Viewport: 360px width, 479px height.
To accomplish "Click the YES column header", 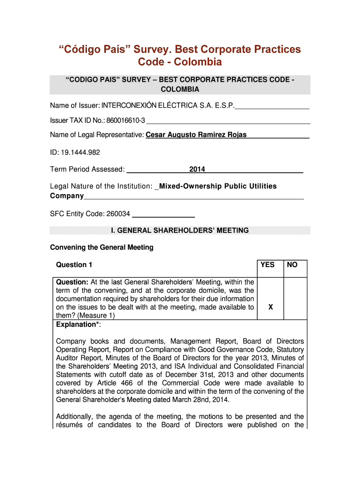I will click(267, 265).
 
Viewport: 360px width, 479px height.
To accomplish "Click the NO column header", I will click(292, 265).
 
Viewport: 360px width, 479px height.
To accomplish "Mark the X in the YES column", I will click(271, 307).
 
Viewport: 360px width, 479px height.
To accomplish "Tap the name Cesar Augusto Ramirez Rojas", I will click(196, 135).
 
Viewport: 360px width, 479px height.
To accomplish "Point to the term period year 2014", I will click(197, 169).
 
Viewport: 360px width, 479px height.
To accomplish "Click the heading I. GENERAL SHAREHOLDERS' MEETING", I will click(180, 230).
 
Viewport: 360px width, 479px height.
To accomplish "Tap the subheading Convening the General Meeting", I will click(101, 247).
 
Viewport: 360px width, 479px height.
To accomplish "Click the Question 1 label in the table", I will click(74, 265).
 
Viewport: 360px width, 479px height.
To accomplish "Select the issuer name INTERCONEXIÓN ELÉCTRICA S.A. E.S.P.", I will click(168, 106).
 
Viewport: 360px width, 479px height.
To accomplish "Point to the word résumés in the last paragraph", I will click(71, 425).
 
